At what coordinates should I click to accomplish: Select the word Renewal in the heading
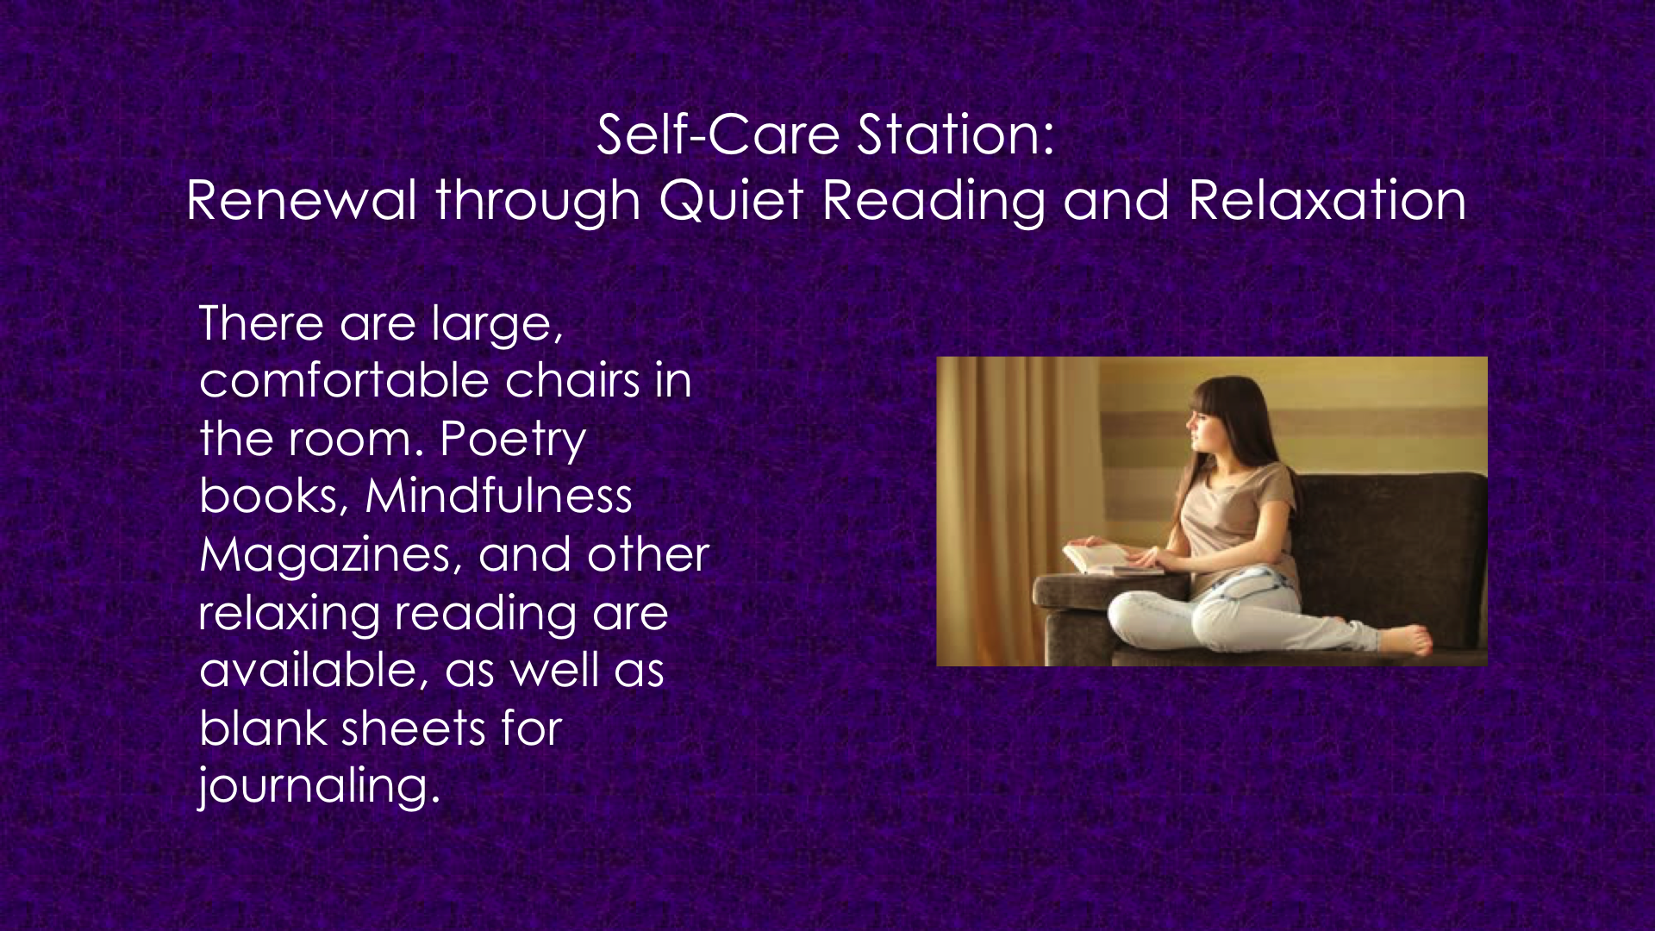pos(302,200)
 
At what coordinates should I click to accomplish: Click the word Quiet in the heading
pos(732,202)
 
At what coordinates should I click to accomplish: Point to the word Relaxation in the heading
pos(1327,200)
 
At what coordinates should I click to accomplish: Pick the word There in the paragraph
pos(261,323)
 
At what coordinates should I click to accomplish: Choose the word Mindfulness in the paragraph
pos(498,496)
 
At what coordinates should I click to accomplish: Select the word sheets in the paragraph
pos(414,728)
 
